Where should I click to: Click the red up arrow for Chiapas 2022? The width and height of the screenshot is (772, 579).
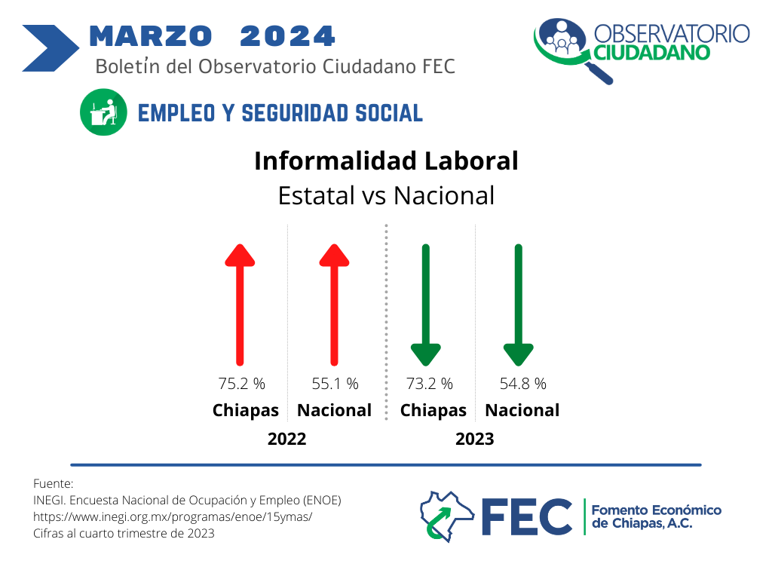click(240, 305)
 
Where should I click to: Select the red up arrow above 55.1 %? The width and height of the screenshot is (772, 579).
click(334, 305)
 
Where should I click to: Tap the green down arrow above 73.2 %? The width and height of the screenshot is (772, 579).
click(426, 305)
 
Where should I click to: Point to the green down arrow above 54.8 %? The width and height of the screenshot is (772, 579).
click(519, 305)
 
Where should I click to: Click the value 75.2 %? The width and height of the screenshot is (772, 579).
click(242, 384)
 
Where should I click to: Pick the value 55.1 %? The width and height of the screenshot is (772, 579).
click(335, 384)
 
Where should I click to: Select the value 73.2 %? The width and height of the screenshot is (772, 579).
click(429, 384)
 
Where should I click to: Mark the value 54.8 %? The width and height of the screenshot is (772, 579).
click(523, 384)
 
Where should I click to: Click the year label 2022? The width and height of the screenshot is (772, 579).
click(287, 439)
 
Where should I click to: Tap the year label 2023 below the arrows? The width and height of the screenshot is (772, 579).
click(475, 439)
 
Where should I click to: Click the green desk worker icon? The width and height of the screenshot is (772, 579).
click(103, 112)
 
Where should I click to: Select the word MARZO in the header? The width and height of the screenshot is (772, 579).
click(151, 36)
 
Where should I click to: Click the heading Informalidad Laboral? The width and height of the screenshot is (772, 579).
click(387, 161)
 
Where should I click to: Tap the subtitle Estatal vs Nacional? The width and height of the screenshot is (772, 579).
click(387, 195)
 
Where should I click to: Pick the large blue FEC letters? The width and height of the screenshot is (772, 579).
click(527, 516)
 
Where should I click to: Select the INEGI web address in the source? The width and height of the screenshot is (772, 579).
click(173, 517)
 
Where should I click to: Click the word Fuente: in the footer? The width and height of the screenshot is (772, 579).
click(54, 483)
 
